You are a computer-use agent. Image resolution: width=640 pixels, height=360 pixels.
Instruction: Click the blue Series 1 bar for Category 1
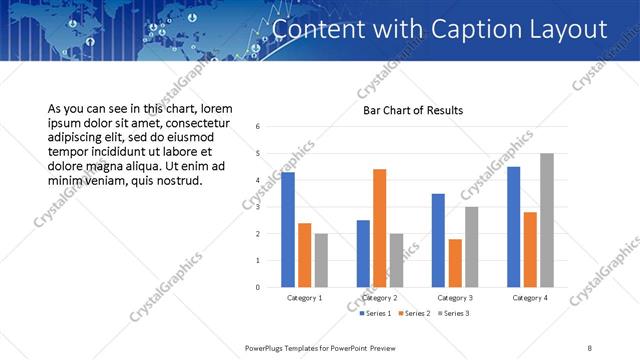point(288,230)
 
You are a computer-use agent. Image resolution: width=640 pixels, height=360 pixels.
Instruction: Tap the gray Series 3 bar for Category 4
point(546,220)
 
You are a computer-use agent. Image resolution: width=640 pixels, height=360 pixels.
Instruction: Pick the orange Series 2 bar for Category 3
point(455,263)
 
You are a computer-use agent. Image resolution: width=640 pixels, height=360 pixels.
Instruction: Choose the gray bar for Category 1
point(321,260)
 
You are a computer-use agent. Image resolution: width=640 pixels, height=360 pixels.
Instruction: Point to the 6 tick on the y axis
point(258,127)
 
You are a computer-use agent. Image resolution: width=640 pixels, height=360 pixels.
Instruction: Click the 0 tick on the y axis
point(258,288)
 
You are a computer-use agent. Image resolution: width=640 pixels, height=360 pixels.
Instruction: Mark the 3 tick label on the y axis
point(258,207)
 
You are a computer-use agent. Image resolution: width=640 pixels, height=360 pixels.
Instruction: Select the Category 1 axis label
point(304,298)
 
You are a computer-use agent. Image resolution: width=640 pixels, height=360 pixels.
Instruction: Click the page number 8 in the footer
point(590,347)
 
